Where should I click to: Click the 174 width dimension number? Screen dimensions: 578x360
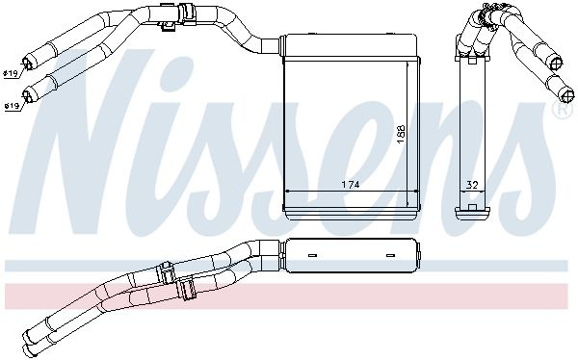(x=351, y=184)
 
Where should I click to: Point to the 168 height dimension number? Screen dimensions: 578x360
(x=401, y=134)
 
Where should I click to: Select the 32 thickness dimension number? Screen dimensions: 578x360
(x=472, y=185)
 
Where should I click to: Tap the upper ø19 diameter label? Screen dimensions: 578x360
(x=11, y=74)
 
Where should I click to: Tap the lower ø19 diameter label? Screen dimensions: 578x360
(x=12, y=107)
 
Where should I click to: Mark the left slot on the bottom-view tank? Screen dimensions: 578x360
(x=312, y=255)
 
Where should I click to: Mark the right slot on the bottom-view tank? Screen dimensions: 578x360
(x=390, y=255)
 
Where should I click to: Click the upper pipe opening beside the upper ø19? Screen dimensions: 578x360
(x=28, y=63)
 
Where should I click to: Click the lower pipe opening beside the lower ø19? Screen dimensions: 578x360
(x=28, y=95)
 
